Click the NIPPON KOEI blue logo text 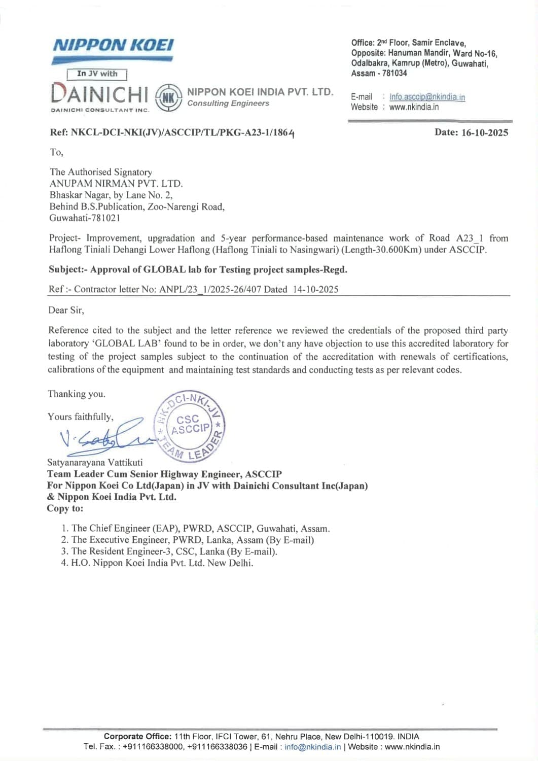point(113,45)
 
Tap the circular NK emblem point(168,97)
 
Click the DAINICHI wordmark point(100,94)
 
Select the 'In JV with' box point(97,74)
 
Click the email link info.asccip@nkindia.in point(427,97)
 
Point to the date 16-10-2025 point(484,132)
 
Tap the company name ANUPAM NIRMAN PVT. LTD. point(116,184)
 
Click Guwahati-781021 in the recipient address point(85,218)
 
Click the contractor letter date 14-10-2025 point(315,289)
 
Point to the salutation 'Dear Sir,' point(66,310)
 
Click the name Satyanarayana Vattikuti point(95,462)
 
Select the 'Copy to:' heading point(65,508)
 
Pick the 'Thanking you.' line point(77,394)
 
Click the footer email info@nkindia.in point(312,747)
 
